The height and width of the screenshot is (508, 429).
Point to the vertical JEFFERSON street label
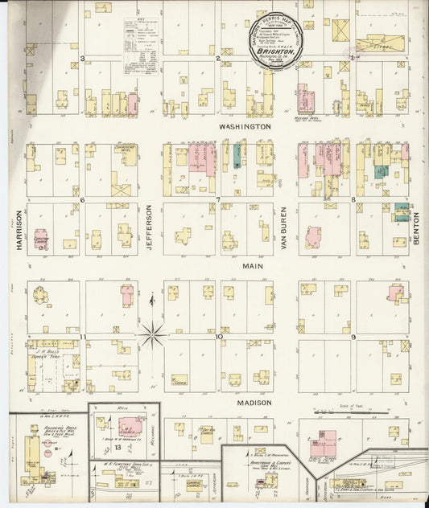point(150,229)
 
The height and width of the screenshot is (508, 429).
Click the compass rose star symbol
point(151,332)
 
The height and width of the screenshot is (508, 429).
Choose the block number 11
point(83,336)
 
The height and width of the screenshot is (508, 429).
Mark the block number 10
point(218,336)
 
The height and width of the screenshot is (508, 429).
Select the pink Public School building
point(328,440)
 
